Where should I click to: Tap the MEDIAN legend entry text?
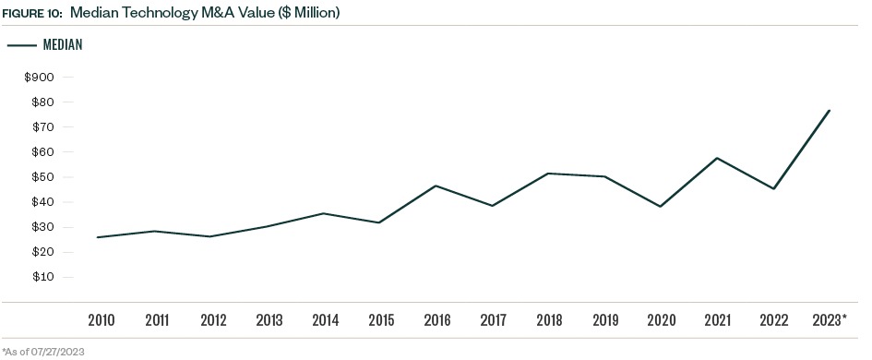pyautogui.click(x=63, y=44)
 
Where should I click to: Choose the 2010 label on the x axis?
pyautogui.click(x=102, y=321)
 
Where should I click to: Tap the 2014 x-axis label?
pyautogui.click(x=326, y=321)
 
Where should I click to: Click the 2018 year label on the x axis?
pyautogui.click(x=550, y=321)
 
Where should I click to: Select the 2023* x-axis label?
pyautogui.click(x=830, y=321)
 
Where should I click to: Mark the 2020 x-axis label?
pyautogui.click(x=662, y=321)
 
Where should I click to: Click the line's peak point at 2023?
pyautogui.click(x=830, y=111)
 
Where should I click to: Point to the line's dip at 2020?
pyautogui.click(x=662, y=206)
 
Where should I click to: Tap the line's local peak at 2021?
pyautogui.click(x=717, y=158)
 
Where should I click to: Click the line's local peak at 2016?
pyautogui.click(x=436, y=186)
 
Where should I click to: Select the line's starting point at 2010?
pyautogui.click(x=98, y=237)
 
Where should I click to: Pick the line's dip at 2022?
pyautogui.click(x=773, y=188)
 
